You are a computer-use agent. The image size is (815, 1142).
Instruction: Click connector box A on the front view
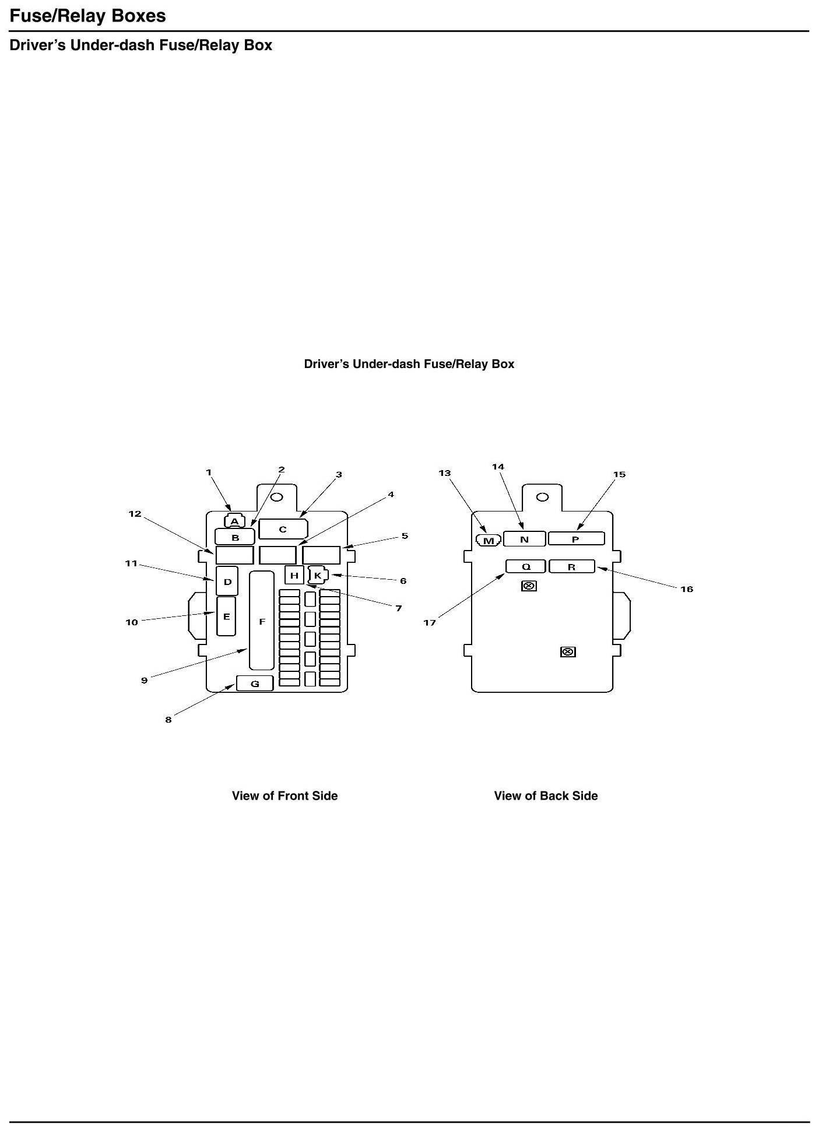click(234, 521)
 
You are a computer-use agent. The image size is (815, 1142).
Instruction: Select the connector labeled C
click(283, 529)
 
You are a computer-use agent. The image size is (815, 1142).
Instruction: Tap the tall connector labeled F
click(262, 621)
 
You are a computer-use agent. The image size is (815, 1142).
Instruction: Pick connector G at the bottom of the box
click(255, 683)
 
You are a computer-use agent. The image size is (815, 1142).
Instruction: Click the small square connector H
click(294, 575)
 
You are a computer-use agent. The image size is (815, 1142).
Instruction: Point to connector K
click(318, 576)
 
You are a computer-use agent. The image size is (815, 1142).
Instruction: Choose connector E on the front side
click(226, 616)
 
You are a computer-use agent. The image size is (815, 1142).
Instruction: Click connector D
click(227, 581)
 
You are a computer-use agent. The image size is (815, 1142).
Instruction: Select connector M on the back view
click(489, 541)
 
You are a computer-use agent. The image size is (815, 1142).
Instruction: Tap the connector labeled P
click(575, 539)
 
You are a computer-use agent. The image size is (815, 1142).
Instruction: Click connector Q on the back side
click(526, 566)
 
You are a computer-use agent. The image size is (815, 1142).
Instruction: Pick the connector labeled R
click(571, 566)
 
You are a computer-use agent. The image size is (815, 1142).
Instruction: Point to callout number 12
click(135, 514)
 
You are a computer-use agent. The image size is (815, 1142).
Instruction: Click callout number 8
click(168, 720)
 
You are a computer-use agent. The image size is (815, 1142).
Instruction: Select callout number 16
click(687, 589)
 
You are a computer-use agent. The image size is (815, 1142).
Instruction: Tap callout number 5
click(405, 536)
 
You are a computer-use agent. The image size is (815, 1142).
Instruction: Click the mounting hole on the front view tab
click(277, 498)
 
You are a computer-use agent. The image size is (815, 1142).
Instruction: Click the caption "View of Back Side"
click(546, 796)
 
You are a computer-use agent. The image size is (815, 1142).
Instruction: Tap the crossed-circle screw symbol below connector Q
click(529, 586)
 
